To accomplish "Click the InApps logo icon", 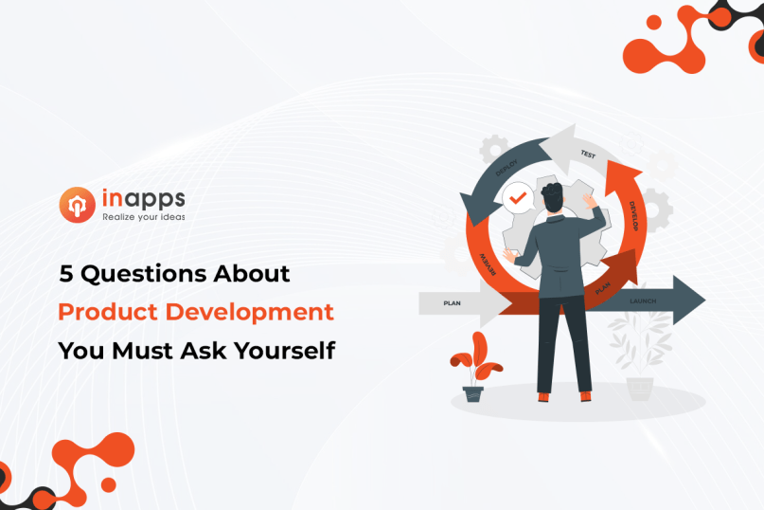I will click(77, 205).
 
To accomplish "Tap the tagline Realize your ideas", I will click(143, 217).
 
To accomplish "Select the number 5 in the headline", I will click(65, 275).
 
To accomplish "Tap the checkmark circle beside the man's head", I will click(517, 200).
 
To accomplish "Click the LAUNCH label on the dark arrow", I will click(643, 301).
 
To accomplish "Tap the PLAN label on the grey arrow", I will click(452, 304).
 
